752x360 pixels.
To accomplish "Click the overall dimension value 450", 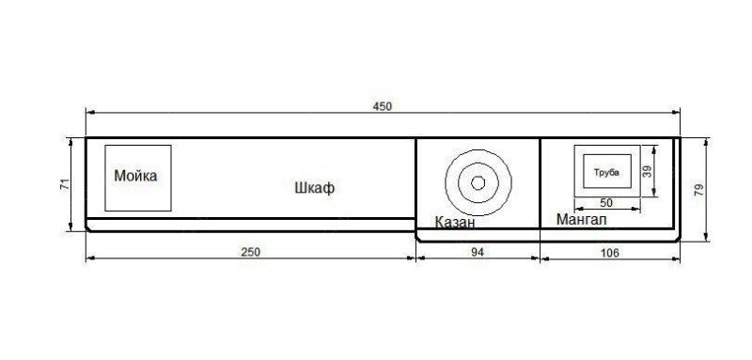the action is (383, 106).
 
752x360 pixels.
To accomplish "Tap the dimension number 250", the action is (250, 252).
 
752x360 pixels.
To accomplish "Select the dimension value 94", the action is (478, 253).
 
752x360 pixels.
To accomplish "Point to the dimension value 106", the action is (609, 253).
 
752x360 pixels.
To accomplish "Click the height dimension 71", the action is (65, 184).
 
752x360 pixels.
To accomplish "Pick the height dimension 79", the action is (698, 189).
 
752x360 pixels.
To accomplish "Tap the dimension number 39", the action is (648, 171).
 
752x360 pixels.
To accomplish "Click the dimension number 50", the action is (606, 203).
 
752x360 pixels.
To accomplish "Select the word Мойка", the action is (135, 176).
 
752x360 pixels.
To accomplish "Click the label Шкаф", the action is (315, 188).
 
